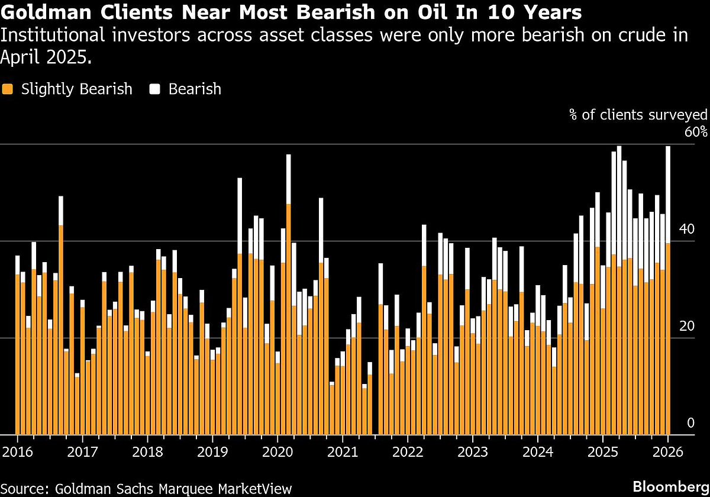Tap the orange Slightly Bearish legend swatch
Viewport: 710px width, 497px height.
click(8, 89)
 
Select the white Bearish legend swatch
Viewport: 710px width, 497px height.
click(156, 89)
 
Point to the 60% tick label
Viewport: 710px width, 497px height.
click(696, 131)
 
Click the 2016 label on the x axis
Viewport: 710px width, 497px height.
click(17, 452)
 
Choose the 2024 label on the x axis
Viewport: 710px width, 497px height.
click(537, 452)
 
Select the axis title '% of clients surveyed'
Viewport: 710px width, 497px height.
click(638, 115)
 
